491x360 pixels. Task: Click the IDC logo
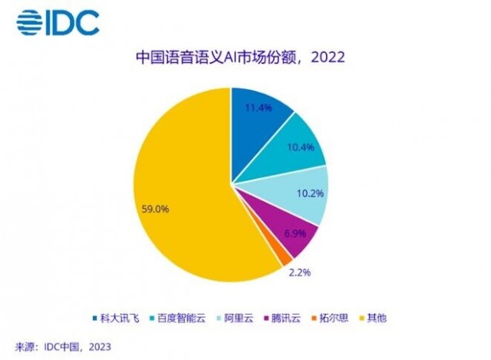pos(58,22)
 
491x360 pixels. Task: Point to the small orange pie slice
pos(265,259)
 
